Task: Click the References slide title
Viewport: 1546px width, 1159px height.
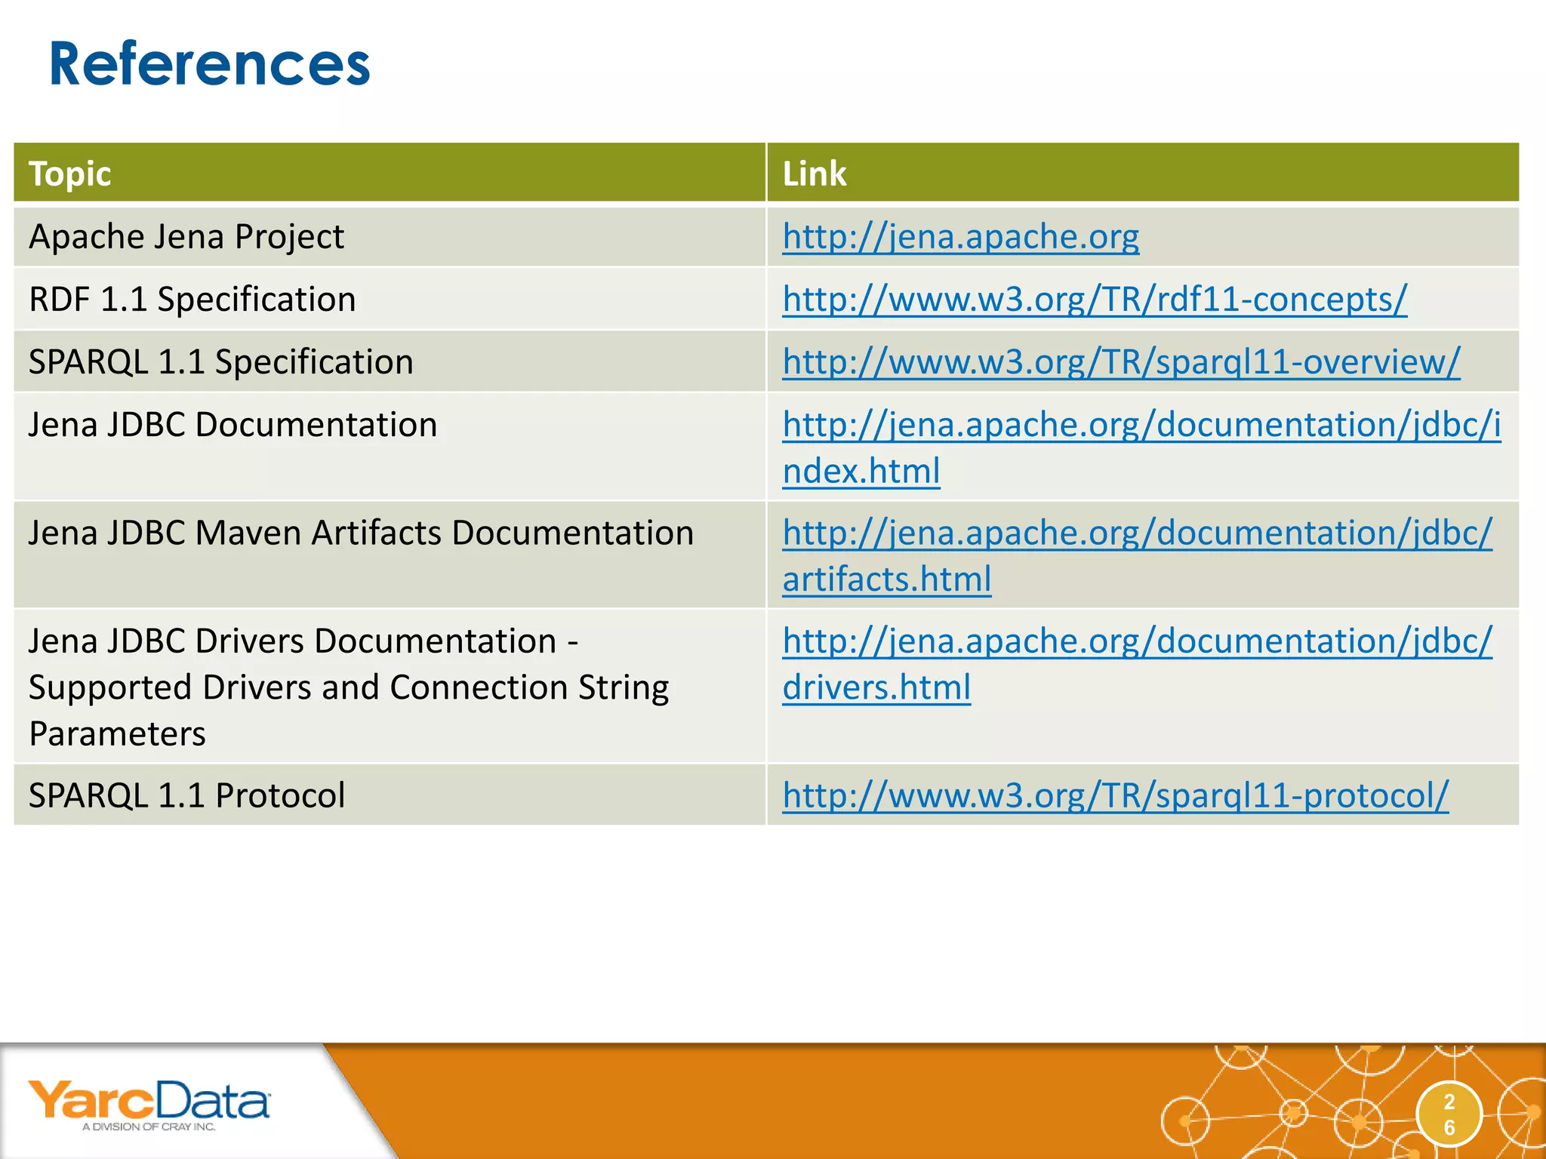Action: (209, 64)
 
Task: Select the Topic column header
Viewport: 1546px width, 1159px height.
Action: (69, 174)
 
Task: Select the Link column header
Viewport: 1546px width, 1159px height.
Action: (814, 174)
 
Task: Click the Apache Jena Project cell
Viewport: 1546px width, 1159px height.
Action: (186, 237)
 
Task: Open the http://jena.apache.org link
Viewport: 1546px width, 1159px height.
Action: (960, 237)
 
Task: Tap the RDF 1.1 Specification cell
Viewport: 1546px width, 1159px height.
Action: (192, 300)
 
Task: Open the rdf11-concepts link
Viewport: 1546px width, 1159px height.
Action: (1095, 300)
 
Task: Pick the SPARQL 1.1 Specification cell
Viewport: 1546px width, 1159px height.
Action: (220, 362)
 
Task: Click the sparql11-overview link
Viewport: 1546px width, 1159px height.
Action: (1121, 362)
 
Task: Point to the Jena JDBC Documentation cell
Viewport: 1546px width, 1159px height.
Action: (233, 425)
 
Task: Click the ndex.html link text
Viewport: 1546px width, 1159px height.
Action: (861, 472)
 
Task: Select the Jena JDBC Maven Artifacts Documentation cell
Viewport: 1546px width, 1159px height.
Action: (361, 533)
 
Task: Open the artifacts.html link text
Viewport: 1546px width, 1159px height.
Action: (886, 579)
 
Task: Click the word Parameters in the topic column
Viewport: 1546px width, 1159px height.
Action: (117, 734)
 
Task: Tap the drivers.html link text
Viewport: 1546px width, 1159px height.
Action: (876, 687)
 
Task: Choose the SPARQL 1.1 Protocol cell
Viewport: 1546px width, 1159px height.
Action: (186, 795)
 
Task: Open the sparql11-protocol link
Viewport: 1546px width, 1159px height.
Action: (1115, 795)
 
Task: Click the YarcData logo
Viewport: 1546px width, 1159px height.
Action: (149, 1100)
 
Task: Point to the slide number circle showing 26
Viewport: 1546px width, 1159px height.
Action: (1449, 1114)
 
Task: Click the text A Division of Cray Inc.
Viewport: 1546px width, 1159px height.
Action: (149, 1127)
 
